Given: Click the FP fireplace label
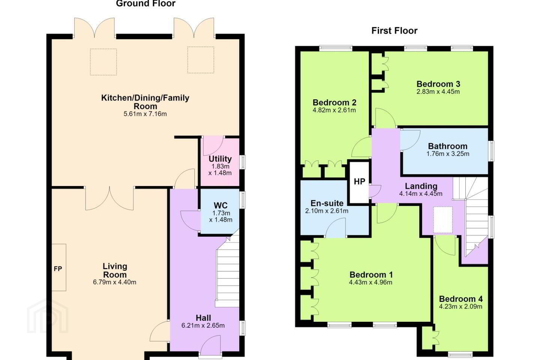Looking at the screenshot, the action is tap(58, 268).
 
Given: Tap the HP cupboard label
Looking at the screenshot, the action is tap(359, 181).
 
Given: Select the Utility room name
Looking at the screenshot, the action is tap(220, 159).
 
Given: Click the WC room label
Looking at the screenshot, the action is tap(220, 205).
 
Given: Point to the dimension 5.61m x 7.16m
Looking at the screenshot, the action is tap(145, 114).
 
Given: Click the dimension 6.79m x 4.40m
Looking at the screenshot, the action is tap(114, 282).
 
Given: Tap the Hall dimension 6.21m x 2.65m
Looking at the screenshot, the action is tap(203, 325).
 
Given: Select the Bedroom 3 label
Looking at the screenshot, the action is tap(438, 84).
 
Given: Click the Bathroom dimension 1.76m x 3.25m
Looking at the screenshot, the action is tap(448, 154).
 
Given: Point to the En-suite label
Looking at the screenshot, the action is tap(327, 203).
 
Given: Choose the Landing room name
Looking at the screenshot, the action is tap(421, 186).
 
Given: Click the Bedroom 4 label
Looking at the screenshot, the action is tap(460, 299).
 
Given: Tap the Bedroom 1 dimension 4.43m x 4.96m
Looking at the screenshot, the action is tap(371, 282).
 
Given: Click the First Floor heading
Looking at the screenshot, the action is tap(394, 31).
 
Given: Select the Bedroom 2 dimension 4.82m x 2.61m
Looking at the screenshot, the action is tap(334, 110).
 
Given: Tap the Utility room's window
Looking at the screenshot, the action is tap(243, 162).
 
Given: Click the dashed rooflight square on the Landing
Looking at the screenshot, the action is tap(443, 220).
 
